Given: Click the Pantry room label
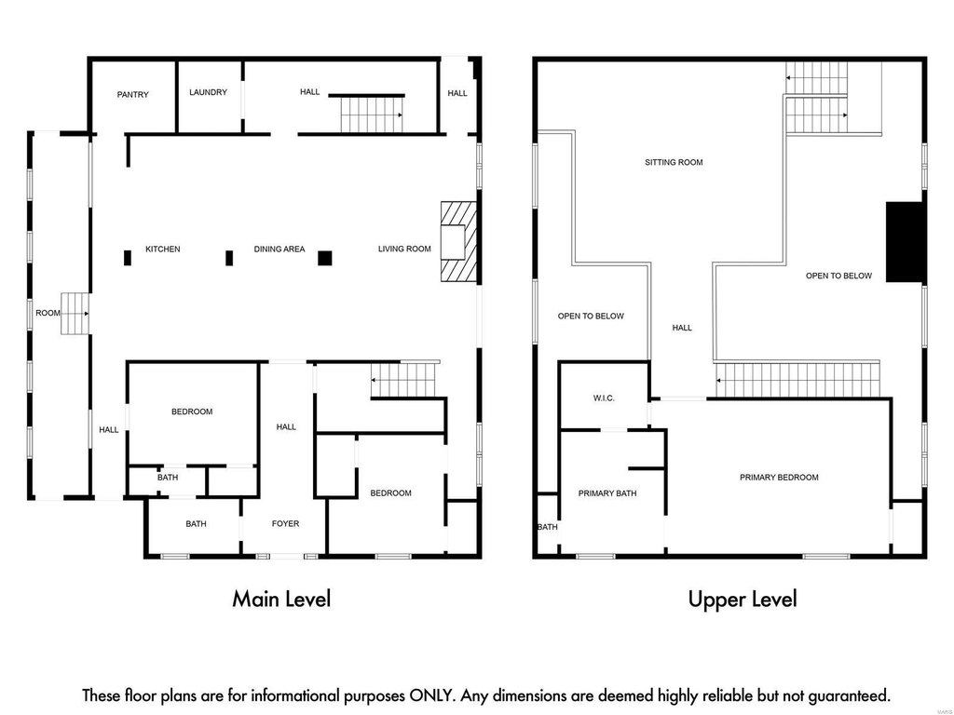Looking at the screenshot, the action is (x=132, y=95).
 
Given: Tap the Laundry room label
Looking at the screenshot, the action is (x=208, y=92).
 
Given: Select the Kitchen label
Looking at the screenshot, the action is (x=162, y=250).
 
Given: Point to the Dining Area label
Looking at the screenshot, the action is (x=279, y=250).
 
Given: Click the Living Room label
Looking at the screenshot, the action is (x=404, y=250).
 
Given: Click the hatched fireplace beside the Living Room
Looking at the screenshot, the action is (x=458, y=242).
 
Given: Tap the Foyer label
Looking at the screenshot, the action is (x=285, y=523).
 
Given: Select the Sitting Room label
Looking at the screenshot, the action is (x=674, y=162).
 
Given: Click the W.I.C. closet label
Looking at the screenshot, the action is (x=604, y=398).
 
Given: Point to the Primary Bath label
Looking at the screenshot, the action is (x=607, y=493).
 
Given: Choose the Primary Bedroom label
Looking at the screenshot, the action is (x=779, y=478).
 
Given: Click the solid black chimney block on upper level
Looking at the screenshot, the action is (x=906, y=242).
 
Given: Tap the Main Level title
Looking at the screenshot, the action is (x=281, y=599).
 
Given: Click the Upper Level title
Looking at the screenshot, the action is (x=743, y=599).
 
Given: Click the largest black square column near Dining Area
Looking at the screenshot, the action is (x=325, y=259).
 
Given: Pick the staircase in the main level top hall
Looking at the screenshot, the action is (x=371, y=115).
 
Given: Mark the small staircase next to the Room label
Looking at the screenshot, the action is (x=75, y=314).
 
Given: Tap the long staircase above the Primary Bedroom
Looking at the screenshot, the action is (x=797, y=380).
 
